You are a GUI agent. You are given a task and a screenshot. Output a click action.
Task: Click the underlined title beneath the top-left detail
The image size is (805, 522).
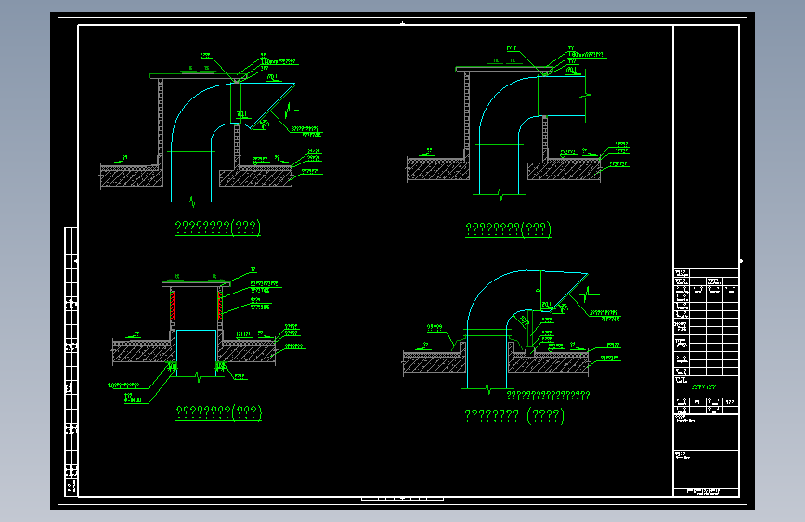coord(218,228)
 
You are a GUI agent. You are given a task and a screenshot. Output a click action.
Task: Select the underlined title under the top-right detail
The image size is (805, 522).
coord(508,228)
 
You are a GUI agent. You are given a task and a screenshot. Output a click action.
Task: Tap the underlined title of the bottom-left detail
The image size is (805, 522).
coord(220,411)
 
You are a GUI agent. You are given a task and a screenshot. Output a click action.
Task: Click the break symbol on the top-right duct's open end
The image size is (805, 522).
coord(584,96)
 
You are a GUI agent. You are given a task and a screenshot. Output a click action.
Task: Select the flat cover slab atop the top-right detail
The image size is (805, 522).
coord(498,68)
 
